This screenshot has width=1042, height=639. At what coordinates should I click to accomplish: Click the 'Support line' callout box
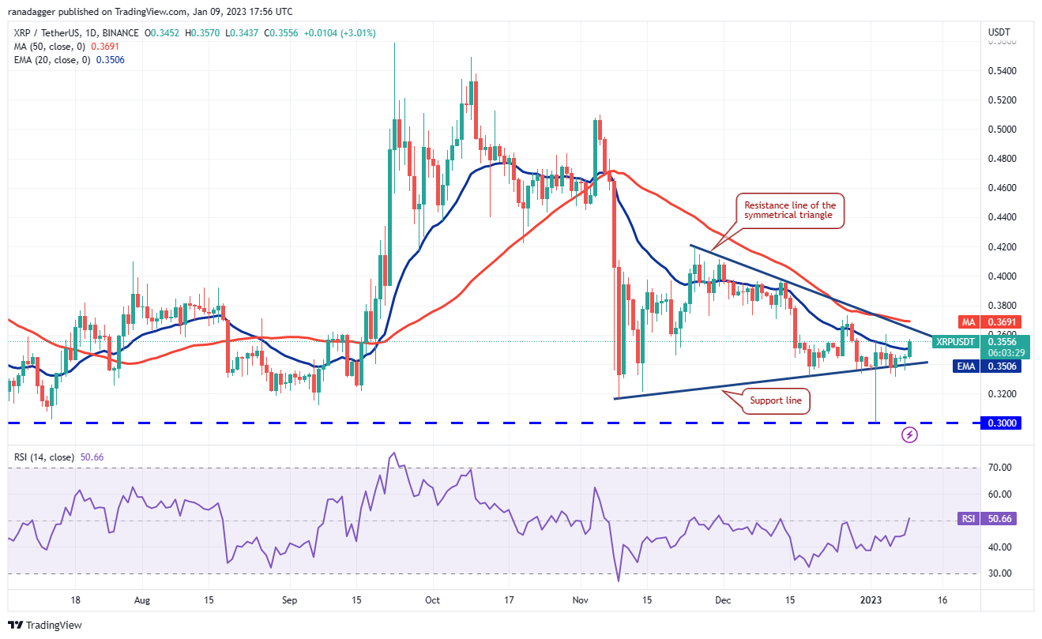pos(776,401)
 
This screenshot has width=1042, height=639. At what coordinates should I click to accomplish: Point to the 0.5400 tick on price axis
pos(1001,71)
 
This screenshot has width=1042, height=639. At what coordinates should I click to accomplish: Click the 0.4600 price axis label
pos(1001,188)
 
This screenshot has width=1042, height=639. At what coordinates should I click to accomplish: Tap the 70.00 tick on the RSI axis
pos(999,468)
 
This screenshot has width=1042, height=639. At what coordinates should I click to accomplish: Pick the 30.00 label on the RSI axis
pos(999,573)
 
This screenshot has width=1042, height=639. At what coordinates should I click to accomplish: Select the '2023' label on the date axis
pos(870,600)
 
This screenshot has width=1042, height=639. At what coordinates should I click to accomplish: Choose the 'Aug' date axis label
pos(143,600)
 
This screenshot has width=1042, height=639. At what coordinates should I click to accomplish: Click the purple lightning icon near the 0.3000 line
pos(910,434)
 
